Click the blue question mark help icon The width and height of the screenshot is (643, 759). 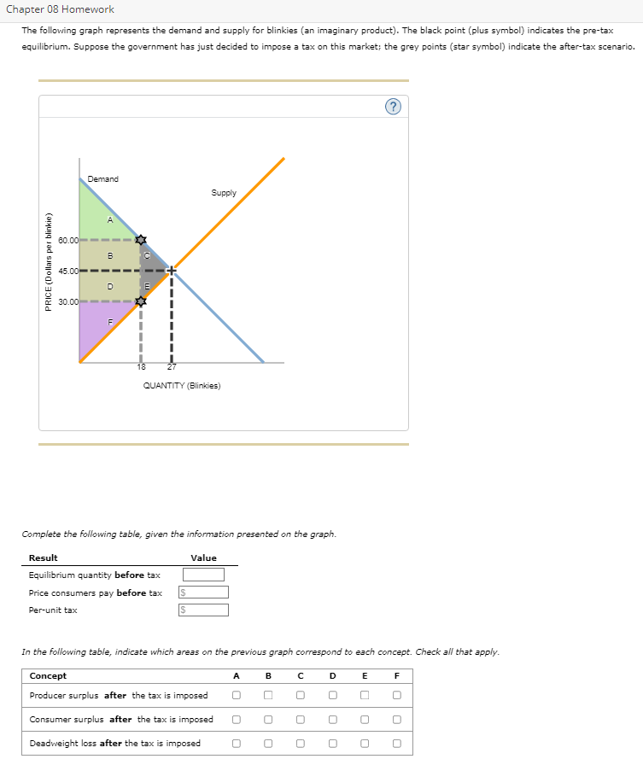click(392, 106)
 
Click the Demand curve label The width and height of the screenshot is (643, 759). click(103, 179)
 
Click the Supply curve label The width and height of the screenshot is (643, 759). click(224, 193)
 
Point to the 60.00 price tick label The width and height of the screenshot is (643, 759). click(68, 241)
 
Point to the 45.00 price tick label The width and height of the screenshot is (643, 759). click(68, 271)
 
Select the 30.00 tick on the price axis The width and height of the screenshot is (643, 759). click(68, 301)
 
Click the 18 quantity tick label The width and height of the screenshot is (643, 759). click(141, 367)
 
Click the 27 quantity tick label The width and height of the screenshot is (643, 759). click(171, 367)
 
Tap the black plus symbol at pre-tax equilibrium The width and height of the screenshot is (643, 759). click(171, 271)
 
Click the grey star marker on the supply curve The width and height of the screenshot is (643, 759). click(141, 301)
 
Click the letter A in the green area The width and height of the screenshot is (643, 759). click(108, 220)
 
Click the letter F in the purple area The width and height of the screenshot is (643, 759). click(109, 322)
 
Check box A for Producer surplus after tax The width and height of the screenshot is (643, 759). click(237, 696)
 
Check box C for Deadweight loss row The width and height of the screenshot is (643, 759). click(301, 744)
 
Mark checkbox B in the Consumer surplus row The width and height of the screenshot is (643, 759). click(268, 720)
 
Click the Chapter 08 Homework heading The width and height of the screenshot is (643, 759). click(60, 9)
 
